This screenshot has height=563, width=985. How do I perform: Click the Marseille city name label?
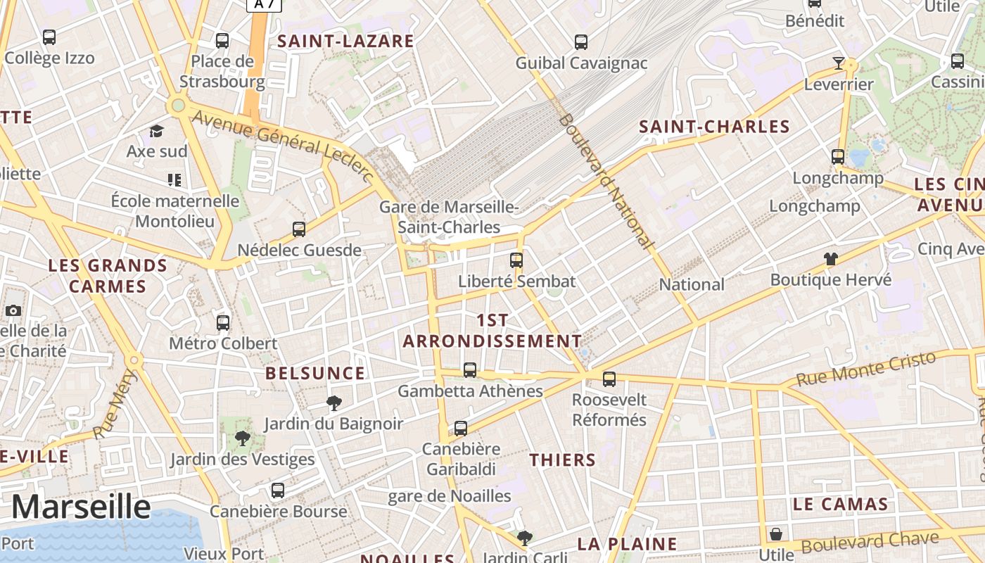click(x=81, y=507)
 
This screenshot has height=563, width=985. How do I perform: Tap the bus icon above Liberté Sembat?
click(x=516, y=260)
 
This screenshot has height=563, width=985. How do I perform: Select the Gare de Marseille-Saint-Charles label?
click(x=449, y=217)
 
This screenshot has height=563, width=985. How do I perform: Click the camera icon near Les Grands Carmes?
click(x=13, y=310)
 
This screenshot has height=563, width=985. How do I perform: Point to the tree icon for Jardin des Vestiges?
click(x=242, y=438)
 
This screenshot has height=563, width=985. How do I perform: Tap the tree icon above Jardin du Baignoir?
click(x=334, y=403)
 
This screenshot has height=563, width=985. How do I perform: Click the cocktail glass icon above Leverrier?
click(x=838, y=63)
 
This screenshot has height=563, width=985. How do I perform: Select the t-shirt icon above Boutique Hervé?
click(x=830, y=259)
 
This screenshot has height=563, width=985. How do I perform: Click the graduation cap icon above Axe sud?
click(x=156, y=131)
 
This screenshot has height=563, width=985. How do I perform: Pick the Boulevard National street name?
click(x=605, y=181)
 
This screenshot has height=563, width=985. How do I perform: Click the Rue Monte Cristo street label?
click(x=866, y=368)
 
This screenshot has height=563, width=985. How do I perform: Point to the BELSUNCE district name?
click(x=315, y=373)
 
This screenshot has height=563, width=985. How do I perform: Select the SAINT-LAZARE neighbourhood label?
click(x=345, y=41)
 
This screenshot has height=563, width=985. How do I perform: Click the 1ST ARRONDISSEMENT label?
click(x=492, y=330)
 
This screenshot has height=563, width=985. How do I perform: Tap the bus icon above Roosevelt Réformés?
click(x=609, y=379)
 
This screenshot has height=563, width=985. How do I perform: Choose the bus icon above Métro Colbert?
click(x=223, y=323)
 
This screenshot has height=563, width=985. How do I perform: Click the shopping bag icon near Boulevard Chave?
click(x=776, y=534)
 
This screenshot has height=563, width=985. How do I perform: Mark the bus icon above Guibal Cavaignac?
click(x=581, y=42)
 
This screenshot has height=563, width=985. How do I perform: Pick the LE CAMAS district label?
click(x=840, y=504)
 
